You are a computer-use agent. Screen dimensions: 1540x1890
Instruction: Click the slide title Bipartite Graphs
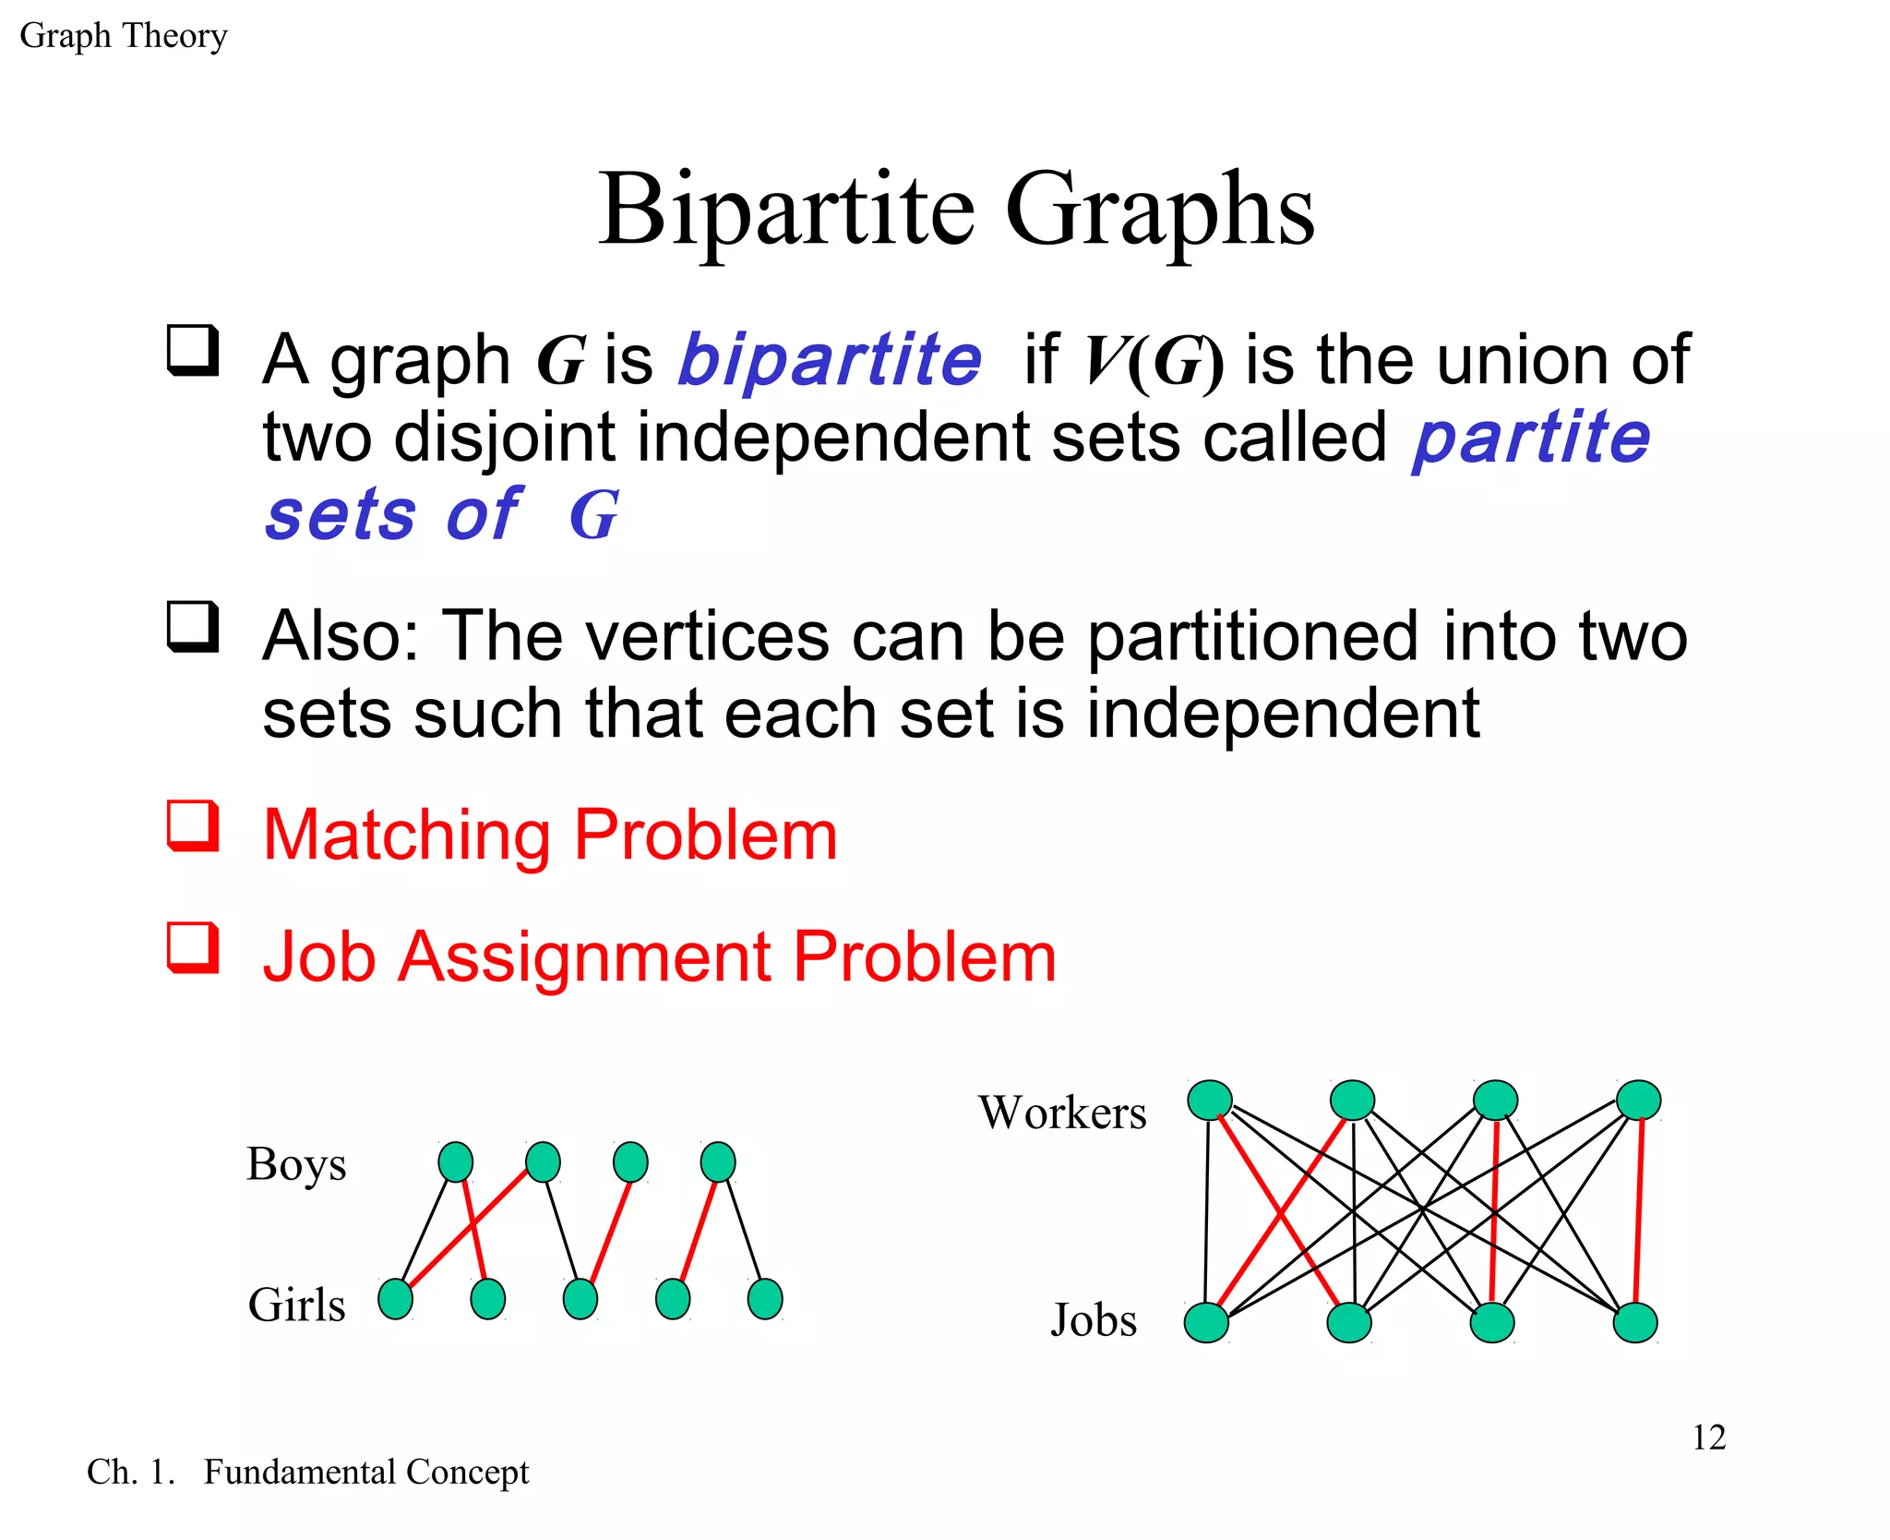(x=956, y=211)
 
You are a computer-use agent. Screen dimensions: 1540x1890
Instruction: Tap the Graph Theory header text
(x=123, y=36)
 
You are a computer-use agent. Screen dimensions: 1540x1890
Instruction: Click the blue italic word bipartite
(x=829, y=360)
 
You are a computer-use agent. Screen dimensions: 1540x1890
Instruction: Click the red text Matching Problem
(x=550, y=835)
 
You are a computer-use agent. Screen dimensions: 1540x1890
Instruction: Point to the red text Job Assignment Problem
(x=659, y=956)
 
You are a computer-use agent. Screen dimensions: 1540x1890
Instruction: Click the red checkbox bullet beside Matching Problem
(x=193, y=825)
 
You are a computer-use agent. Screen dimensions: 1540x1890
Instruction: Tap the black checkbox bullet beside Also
(x=193, y=627)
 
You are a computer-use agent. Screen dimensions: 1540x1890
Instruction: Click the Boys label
(x=296, y=1163)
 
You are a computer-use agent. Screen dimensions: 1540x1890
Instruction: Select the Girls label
(x=296, y=1305)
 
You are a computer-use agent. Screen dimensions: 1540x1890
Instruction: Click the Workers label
(x=1062, y=1112)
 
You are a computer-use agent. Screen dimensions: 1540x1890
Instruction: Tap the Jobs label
(x=1094, y=1319)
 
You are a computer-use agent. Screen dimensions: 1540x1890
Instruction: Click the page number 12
(x=1708, y=1438)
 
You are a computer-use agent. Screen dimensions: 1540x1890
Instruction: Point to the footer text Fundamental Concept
(x=365, y=1472)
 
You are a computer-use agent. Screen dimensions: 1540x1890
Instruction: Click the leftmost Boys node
(x=455, y=1161)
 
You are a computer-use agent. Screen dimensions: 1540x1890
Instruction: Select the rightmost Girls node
(x=765, y=1299)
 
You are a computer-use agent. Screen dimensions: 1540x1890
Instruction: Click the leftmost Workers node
(x=1209, y=1100)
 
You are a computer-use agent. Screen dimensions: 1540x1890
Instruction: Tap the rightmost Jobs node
(x=1635, y=1322)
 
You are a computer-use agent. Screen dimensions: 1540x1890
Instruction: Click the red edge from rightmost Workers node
(x=1639, y=1209)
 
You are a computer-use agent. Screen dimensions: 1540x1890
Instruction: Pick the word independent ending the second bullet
(x=1283, y=714)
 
